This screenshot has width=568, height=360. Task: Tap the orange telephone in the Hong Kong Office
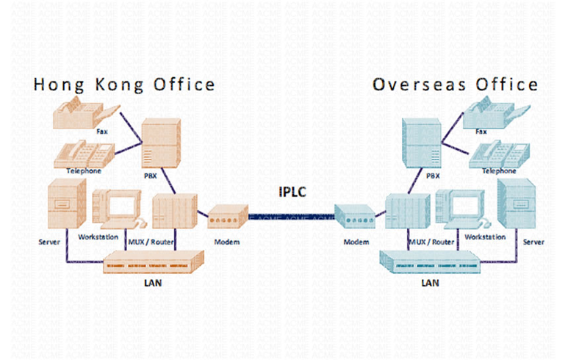pos(83,154)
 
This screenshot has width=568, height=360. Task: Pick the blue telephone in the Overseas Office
pos(500,154)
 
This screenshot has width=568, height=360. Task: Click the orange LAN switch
pos(154,262)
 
